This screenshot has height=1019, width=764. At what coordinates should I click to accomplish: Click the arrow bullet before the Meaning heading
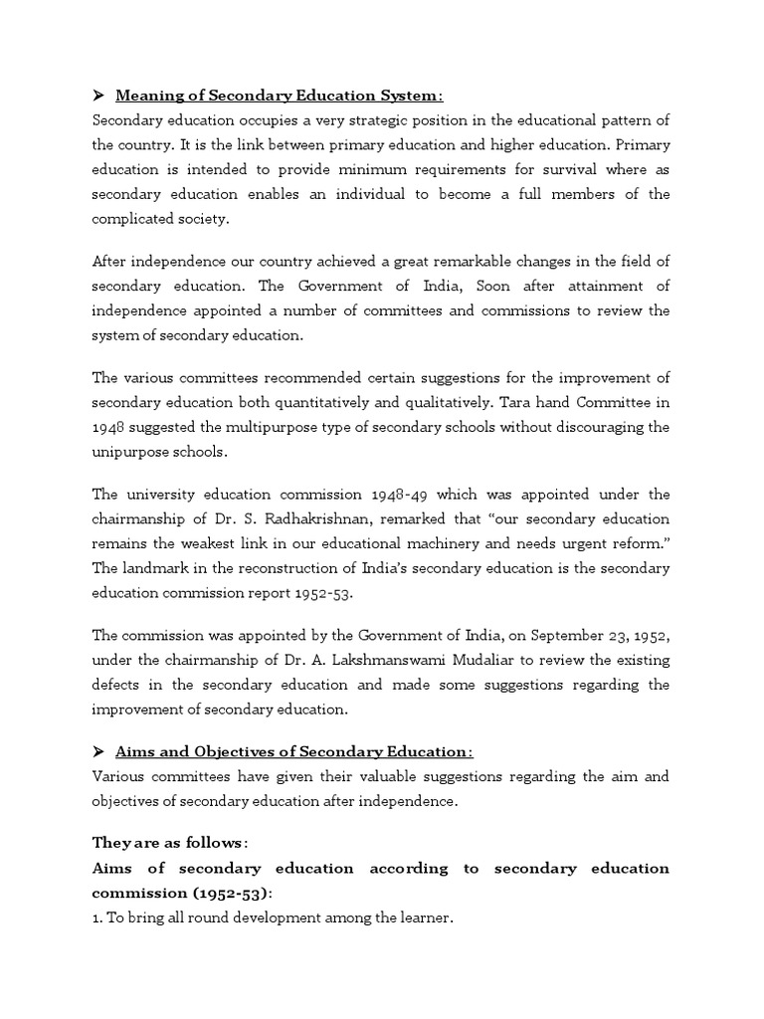pyautogui.click(x=97, y=96)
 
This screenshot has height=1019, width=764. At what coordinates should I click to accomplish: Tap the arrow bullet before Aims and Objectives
pyautogui.click(x=97, y=750)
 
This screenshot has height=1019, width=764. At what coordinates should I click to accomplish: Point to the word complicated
pyautogui.click(x=134, y=218)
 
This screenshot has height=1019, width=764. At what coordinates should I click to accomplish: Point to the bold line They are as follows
pyautogui.click(x=168, y=843)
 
